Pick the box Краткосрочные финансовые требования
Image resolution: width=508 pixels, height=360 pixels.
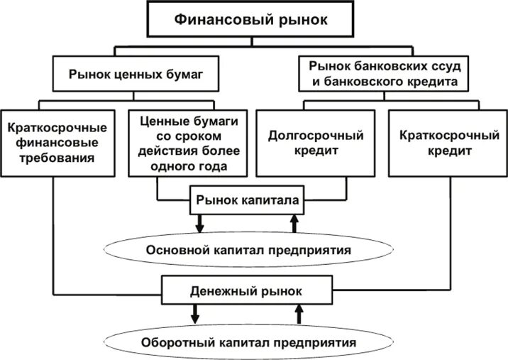[57, 142]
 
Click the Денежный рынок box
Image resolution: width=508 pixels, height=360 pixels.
[246, 291]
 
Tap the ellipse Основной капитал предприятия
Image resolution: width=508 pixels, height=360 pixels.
[248, 251]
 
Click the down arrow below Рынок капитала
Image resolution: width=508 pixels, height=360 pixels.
[199, 224]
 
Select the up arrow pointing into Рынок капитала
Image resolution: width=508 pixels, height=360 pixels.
[294, 224]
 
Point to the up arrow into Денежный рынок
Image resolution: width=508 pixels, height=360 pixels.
[299, 314]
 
